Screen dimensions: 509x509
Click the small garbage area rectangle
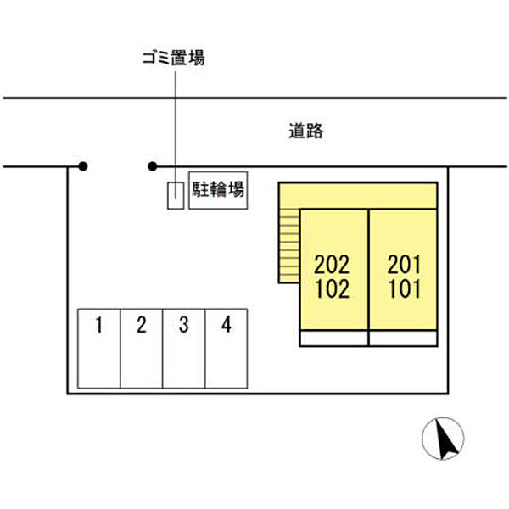point(174,195)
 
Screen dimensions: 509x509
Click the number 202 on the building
point(333,263)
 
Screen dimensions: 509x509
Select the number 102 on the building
point(333,289)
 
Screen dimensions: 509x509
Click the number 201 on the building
point(404,263)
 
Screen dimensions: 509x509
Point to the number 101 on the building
point(404,289)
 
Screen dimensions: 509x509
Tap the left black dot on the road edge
point(82,166)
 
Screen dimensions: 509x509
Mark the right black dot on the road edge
point(153,166)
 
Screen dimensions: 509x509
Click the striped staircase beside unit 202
point(289,246)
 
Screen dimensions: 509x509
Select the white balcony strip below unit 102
point(333,338)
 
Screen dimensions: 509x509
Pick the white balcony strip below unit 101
point(403,338)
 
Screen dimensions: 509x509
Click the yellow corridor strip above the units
point(365,195)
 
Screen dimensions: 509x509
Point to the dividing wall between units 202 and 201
point(368,271)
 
